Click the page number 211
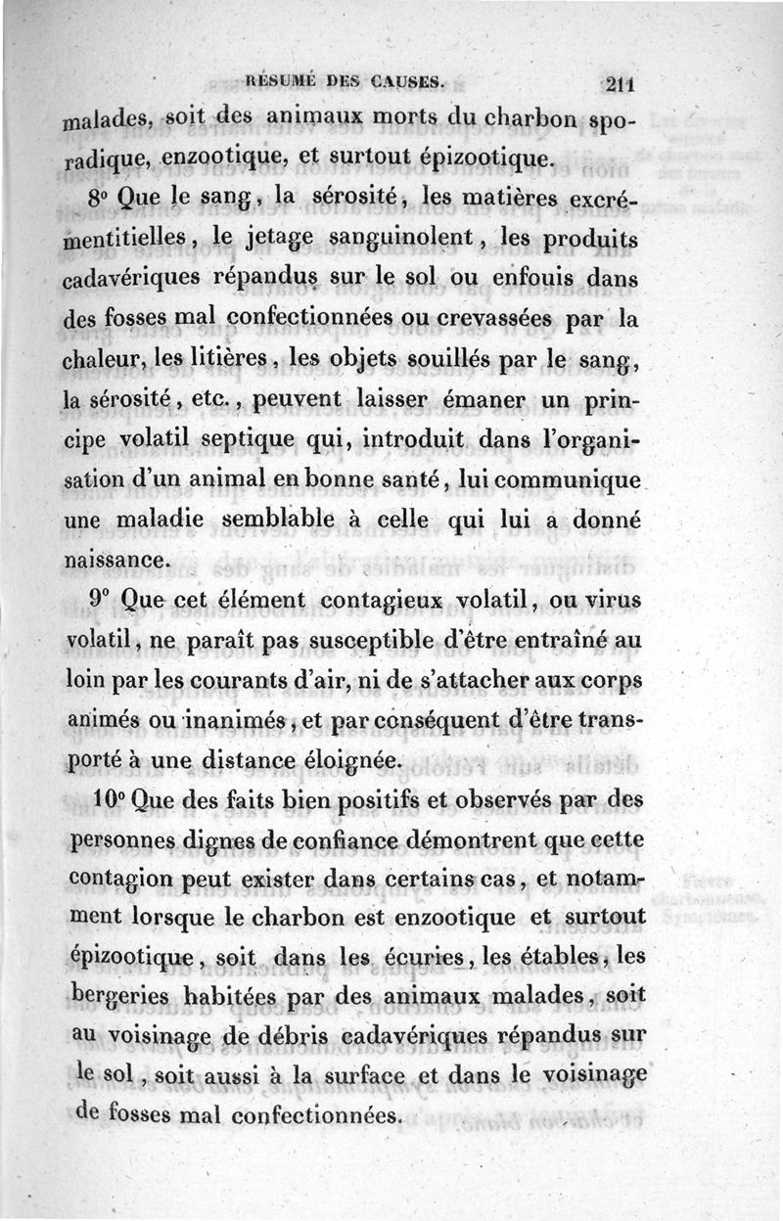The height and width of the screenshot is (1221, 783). coord(622,84)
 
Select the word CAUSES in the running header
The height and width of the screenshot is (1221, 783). coord(407,80)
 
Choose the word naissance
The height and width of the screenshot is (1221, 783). coord(115,562)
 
